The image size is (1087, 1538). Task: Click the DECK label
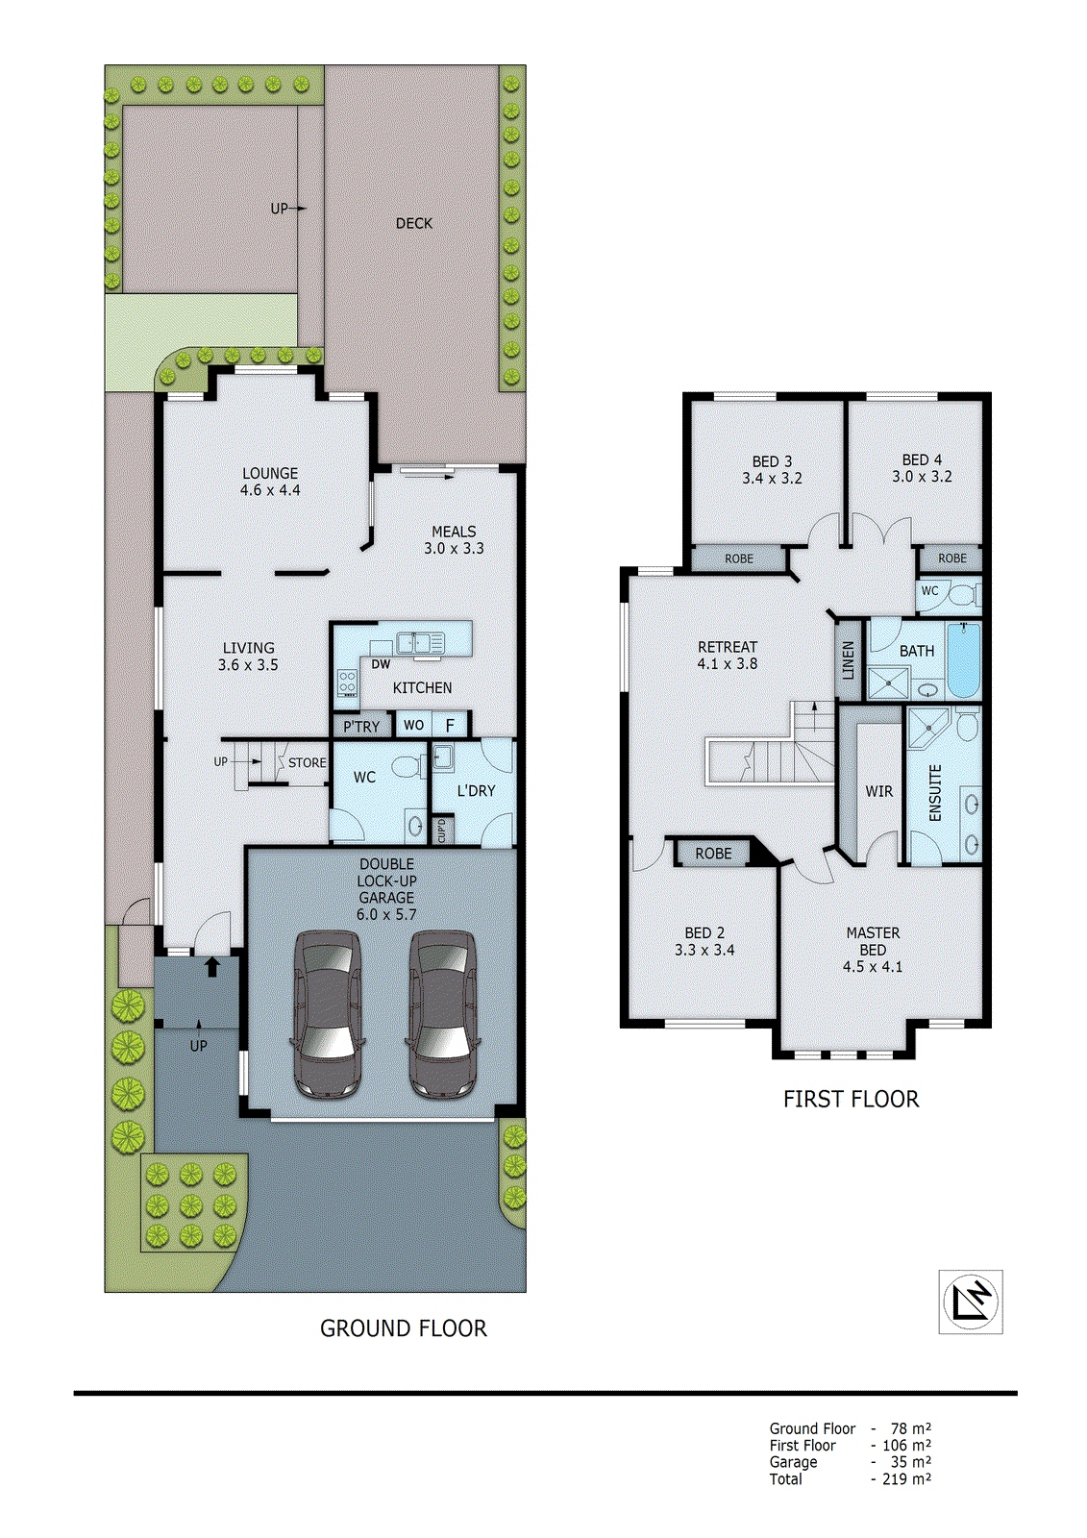click(x=414, y=223)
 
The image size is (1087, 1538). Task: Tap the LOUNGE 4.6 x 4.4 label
click(x=270, y=482)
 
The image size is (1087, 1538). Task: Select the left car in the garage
click(x=327, y=1014)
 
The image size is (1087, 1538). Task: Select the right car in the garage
click(x=443, y=1014)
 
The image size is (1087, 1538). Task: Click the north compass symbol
click(x=970, y=1302)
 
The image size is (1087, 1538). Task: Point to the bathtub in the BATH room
click(x=963, y=660)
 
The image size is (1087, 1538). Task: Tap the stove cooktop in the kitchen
click(x=347, y=683)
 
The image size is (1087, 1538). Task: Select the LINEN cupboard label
click(x=848, y=660)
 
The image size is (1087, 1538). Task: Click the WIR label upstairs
click(x=878, y=791)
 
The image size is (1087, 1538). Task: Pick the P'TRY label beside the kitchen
click(x=361, y=727)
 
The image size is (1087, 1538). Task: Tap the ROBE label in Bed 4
click(x=951, y=558)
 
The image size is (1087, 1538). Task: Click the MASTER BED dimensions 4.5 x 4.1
click(x=873, y=967)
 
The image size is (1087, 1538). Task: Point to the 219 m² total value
click(x=905, y=1479)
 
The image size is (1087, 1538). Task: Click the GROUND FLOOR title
click(x=403, y=1328)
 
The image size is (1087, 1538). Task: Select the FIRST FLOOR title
click(x=851, y=1099)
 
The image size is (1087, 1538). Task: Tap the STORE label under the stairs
click(x=308, y=762)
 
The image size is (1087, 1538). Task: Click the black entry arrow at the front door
click(x=212, y=966)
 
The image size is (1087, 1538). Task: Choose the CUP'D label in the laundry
click(x=442, y=830)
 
